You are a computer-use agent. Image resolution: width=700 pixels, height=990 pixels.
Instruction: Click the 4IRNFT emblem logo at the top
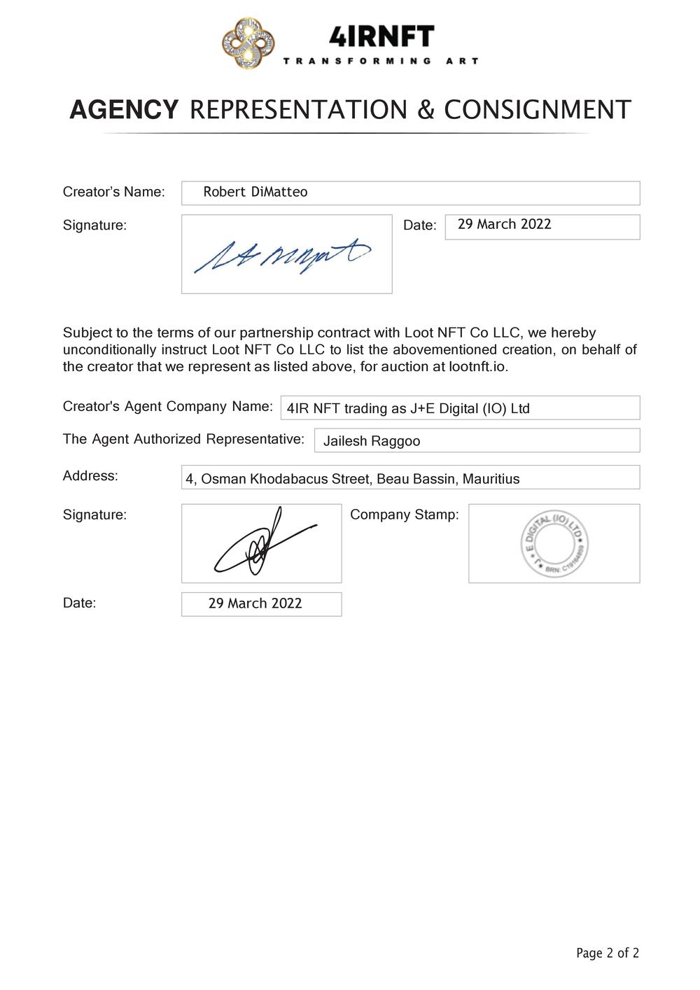(248, 44)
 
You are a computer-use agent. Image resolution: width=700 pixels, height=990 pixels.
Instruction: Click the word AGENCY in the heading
(124, 110)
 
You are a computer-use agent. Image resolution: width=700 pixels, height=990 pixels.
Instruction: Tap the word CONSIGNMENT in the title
(538, 110)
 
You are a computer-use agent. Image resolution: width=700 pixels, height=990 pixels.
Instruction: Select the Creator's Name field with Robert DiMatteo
(410, 193)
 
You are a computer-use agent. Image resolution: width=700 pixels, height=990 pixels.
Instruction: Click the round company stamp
(554, 543)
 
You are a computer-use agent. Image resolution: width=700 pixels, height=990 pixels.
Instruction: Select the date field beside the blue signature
(542, 226)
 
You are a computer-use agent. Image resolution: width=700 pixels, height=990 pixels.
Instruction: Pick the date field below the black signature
(261, 604)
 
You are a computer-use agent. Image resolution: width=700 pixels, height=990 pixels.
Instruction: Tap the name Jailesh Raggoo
(372, 441)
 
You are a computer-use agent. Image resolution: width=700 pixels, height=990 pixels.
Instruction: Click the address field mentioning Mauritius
(410, 479)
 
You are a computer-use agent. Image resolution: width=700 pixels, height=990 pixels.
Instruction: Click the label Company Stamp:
(405, 515)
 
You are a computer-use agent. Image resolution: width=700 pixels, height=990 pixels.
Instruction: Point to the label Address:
(90, 476)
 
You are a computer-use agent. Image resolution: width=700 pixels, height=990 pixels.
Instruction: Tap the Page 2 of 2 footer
(607, 953)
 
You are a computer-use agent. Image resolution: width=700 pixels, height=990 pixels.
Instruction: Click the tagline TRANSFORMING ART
(381, 62)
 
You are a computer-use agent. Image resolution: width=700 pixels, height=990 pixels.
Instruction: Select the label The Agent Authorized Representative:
(183, 439)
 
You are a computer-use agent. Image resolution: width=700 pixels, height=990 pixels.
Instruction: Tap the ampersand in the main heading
(426, 110)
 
